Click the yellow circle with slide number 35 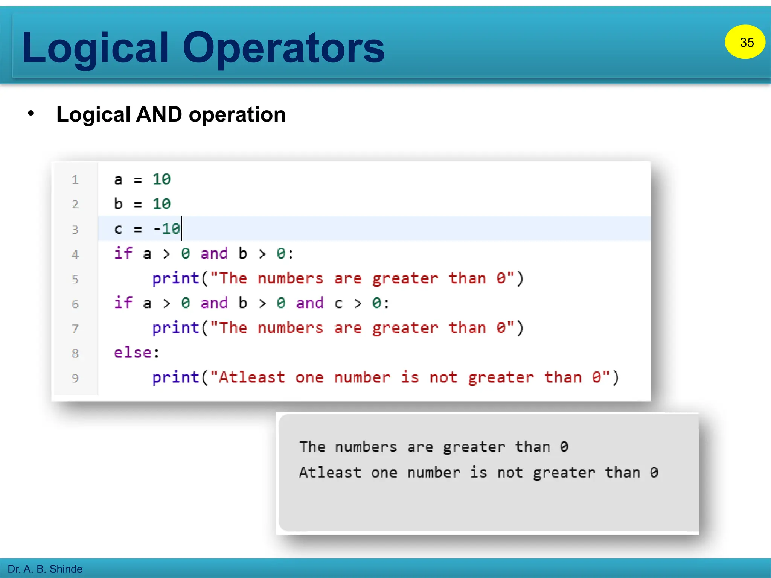click(745, 42)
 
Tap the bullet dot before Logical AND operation click(31, 113)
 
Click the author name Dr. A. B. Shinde click(45, 569)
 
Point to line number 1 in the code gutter click(75, 179)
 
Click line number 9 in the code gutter click(75, 378)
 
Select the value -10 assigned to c click(167, 229)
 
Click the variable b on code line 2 click(119, 204)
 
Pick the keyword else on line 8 click(133, 353)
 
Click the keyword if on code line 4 click(123, 253)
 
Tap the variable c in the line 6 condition click(338, 303)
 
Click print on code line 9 click(175, 377)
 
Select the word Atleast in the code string click(252, 377)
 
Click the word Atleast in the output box click(330, 473)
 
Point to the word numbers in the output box click(366, 447)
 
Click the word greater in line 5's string click(405, 279)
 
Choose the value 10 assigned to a click(162, 179)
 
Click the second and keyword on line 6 click(309, 303)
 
